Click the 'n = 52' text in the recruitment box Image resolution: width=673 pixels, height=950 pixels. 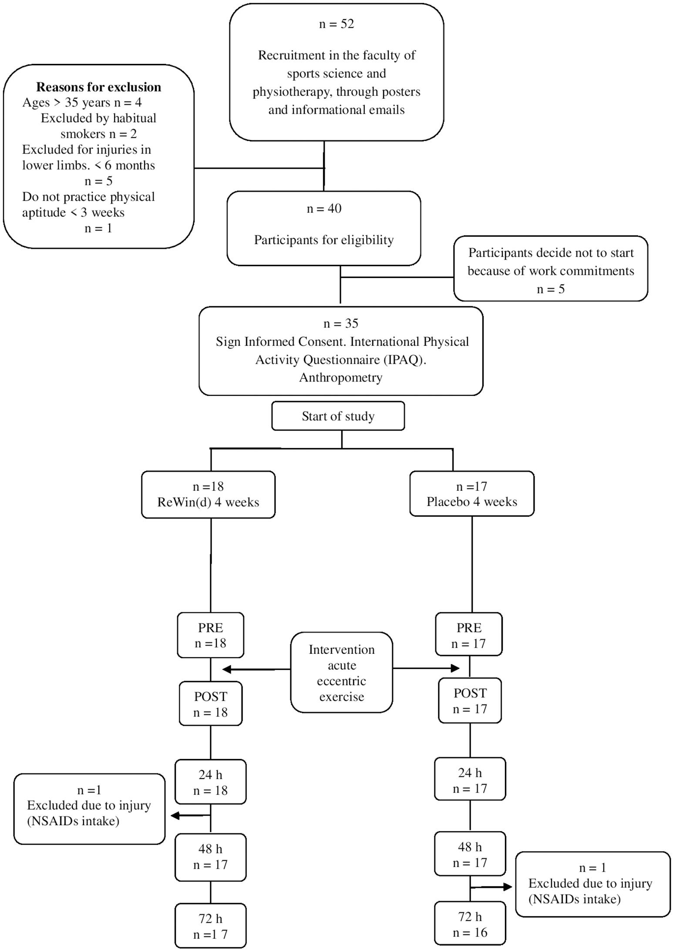336,24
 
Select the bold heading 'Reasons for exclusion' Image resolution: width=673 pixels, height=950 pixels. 98,87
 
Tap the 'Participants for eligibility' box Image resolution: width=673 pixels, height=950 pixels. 324,228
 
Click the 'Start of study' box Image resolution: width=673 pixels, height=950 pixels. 338,416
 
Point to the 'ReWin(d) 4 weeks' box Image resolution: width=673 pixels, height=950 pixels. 209,495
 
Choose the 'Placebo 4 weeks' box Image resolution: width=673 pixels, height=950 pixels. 472,494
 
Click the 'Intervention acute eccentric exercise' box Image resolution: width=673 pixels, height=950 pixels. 342,672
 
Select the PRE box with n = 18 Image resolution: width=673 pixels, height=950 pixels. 211,635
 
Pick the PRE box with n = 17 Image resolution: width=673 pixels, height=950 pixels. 469,634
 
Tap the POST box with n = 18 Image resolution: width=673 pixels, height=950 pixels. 211,703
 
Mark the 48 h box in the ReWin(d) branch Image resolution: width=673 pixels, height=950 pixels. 211,857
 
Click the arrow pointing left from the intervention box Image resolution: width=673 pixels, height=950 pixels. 256,669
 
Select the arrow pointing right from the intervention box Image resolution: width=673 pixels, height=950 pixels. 427,668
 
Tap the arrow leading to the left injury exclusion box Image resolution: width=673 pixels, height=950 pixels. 191,816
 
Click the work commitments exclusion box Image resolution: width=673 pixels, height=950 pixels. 551,268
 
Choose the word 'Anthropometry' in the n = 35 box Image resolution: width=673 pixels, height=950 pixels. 341,378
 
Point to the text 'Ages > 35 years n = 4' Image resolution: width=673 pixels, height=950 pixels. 82,103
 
